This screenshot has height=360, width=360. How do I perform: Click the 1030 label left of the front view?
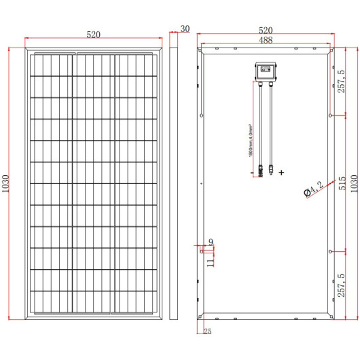click(6, 184)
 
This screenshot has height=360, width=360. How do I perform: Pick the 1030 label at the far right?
click(352, 184)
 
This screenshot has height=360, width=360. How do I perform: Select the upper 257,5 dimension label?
click(342, 82)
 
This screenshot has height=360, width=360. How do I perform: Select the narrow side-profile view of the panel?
click(173, 183)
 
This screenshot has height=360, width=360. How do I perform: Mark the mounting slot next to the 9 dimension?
click(202, 250)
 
